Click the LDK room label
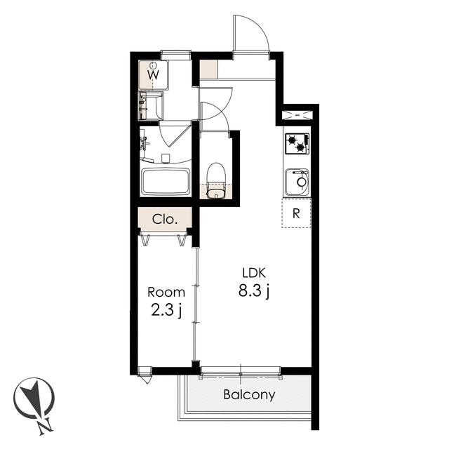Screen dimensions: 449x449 coord(254,273)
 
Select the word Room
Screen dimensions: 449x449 coord(166,293)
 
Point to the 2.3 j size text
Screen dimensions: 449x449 coord(166,311)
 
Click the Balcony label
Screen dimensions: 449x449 coord(249,394)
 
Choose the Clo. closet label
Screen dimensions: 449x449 coord(165,220)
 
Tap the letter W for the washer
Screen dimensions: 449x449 coord(153,75)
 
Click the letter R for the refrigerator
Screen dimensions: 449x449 coord(296,213)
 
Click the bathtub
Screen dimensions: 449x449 coord(166,182)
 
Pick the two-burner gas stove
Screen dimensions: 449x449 coord(297,144)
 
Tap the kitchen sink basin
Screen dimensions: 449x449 coord(297,182)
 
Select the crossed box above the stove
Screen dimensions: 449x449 coord(297,115)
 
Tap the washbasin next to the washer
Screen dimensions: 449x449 coord(151,105)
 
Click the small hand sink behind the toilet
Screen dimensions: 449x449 coord(216,192)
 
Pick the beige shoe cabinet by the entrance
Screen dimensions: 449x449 coord(208,69)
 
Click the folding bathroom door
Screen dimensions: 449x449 coord(175,134)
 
